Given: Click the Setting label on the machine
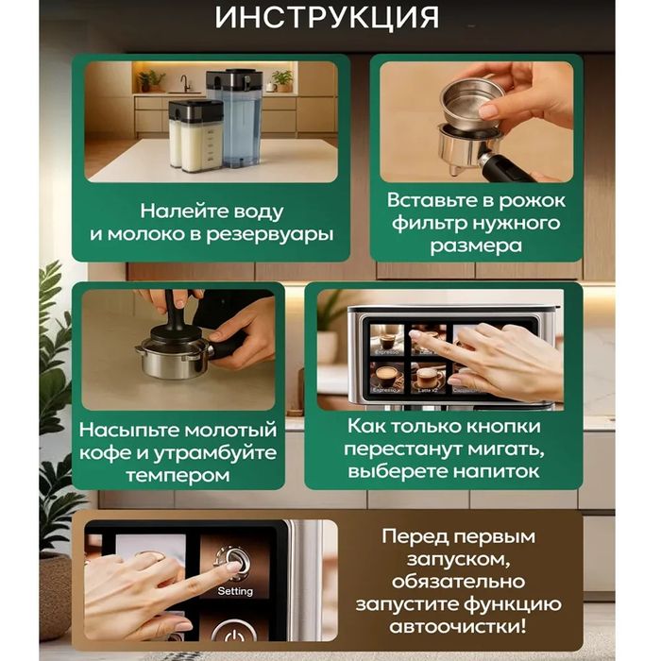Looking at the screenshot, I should pos(235,591).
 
